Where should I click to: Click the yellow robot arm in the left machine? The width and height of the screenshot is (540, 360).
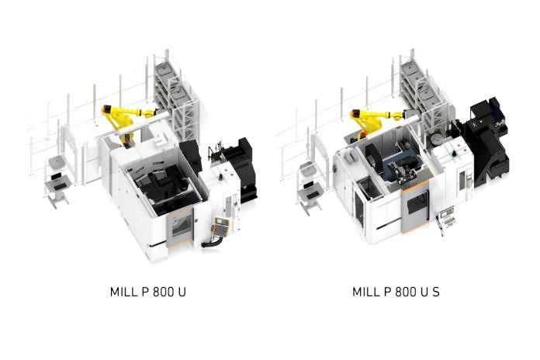pyautogui.click(x=124, y=121)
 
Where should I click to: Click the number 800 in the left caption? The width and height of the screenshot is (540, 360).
pyautogui.click(x=163, y=292)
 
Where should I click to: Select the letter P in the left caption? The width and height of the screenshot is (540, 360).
pyautogui.click(x=145, y=292)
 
